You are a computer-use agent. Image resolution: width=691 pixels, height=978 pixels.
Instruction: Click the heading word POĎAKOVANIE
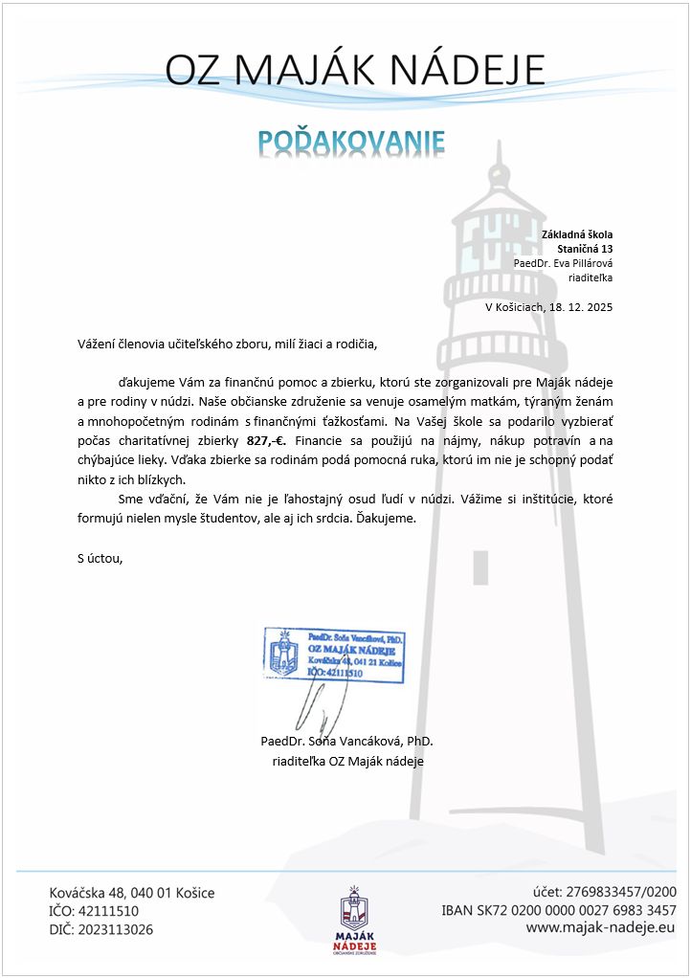tap(351, 143)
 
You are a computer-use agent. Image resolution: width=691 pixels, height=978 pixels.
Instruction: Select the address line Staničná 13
tap(584, 249)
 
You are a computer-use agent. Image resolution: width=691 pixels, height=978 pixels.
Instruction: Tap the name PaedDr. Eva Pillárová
tap(562, 263)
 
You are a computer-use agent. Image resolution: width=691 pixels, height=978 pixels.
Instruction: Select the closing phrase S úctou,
tap(100, 558)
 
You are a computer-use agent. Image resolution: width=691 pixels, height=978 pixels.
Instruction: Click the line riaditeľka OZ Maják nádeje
tap(348, 761)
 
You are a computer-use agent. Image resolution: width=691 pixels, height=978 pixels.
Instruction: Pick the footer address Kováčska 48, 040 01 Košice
tap(132, 893)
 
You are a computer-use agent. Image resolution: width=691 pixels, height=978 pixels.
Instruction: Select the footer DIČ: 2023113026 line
tap(100, 929)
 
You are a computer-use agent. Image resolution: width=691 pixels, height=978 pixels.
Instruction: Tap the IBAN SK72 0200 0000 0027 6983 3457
tap(558, 909)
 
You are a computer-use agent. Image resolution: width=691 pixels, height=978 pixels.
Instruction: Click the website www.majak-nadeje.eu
tap(601, 927)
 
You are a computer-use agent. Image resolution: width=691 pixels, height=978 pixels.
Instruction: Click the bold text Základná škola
tap(576, 234)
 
